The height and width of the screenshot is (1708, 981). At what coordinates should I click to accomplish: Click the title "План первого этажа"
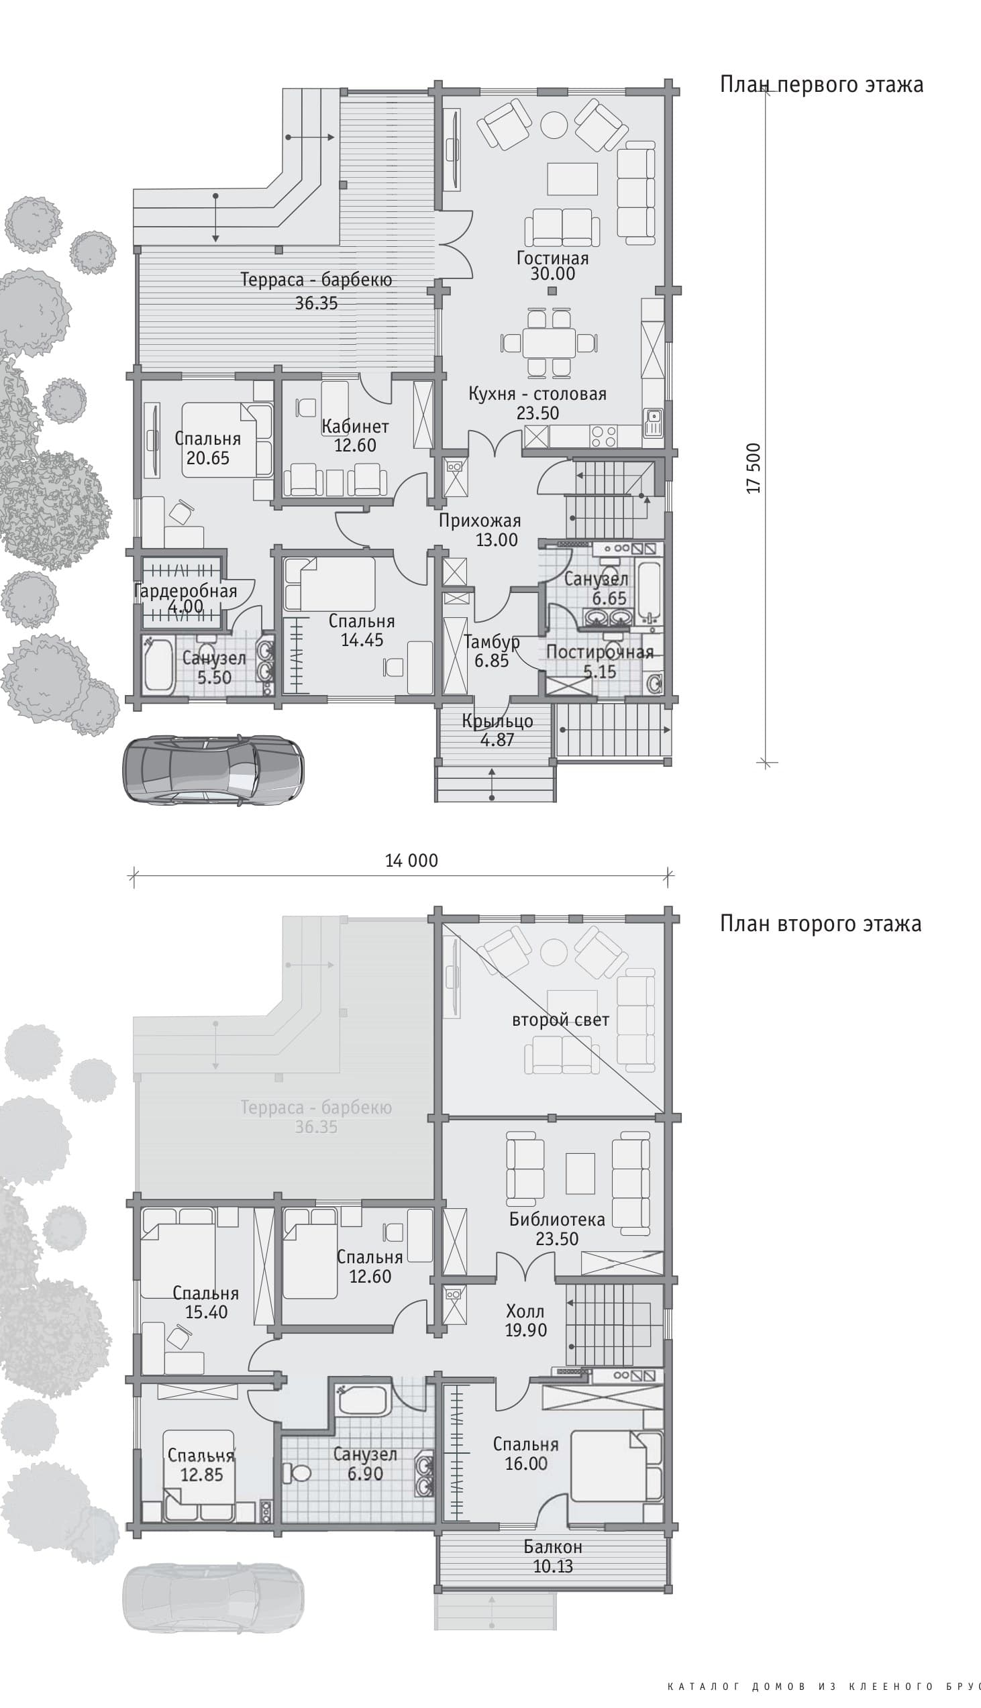click(x=821, y=85)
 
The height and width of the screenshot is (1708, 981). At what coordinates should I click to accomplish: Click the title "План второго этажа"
click(x=821, y=923)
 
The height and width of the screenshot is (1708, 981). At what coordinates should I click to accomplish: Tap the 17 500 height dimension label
click(x=754, y=468)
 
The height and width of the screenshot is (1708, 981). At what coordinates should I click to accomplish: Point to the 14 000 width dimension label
click(x=411, y=860)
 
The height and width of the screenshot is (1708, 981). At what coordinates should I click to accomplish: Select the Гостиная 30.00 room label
click(x=552, y=266)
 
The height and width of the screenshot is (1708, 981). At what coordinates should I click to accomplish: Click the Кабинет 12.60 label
click(x=355, y=436)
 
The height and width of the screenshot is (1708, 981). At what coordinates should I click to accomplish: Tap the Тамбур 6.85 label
click(x=492, y=651)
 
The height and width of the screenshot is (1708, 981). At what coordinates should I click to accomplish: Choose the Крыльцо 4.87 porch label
click(x=497, y=730)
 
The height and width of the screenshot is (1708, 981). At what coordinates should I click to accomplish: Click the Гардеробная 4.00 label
click(x=185, y=599)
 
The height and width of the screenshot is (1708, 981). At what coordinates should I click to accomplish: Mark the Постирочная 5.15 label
click(x=600, y=661)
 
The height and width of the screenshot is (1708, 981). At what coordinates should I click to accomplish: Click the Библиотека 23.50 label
click(x=557, y=1228)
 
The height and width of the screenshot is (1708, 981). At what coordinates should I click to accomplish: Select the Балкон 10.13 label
click(x=553, y=1556)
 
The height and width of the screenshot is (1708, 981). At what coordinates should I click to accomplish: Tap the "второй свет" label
click(x=560, y=1020)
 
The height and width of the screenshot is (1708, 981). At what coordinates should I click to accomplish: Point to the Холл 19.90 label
click(x=525, y=1320)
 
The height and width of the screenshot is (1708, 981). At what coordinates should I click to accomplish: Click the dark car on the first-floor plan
click(x=213, y=770)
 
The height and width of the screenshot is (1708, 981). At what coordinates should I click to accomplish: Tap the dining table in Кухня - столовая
click(x=548, y=342)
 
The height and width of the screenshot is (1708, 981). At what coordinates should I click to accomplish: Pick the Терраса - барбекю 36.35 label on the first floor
click(x=316, y=291)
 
